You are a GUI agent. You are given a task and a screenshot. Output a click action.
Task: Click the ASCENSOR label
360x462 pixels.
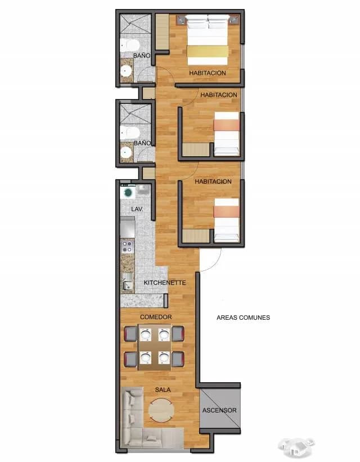pyautogui.click(x=219, y=410)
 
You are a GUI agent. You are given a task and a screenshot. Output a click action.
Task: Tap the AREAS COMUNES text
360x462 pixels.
pyautogui.click(x=243, y=318)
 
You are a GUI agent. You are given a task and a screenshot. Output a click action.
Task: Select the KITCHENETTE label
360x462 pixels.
pyautogui.click(x=165, y=283)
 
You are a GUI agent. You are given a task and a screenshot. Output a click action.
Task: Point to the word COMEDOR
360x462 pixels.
pyautogui.click(x=156, y=317)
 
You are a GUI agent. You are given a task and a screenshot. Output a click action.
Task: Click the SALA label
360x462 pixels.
pyautogui.click(x=163, y=390)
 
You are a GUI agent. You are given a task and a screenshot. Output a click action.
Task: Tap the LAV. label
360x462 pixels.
pyautogui.click(x=137, y=209)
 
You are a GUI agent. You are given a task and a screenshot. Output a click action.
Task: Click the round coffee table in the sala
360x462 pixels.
pyautogui.click(x=161, y=410)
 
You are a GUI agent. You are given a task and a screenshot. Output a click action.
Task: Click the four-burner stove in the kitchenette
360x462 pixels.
pyautogui.click(x=127, y=246)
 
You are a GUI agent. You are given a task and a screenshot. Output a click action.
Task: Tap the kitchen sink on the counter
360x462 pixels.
pyautogui.click(x=127, y=282)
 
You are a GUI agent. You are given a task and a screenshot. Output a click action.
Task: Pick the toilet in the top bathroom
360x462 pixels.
pyautogui.click(x=129, y=46)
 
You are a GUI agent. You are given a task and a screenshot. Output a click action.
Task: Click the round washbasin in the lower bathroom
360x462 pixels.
pyautogui.click(x=126, y=152)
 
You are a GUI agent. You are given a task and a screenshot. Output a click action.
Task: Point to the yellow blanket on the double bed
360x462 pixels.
pyautogui.click(x=208, y=52)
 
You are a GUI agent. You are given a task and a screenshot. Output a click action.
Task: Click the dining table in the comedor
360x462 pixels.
pyautogui.click(x=155, y=347)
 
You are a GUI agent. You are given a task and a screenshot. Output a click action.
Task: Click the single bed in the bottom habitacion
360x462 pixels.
pyautogui.click(x=226, y=220)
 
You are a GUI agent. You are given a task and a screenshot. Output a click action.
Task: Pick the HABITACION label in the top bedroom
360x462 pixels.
pyautogui.click(x=208, y=73)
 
